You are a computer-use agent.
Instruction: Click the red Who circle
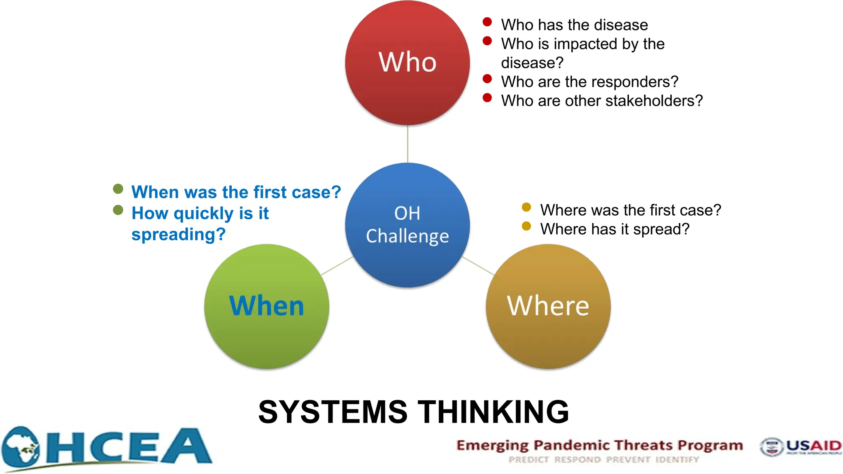pyautogui.click(x=407, y=63)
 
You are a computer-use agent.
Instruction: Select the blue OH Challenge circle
pyautogui.click(x=407, y=225)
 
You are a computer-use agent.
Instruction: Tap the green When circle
pyautogui.click(x=266, y=307)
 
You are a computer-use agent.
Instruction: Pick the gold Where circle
pyautogui.click(x=548, y=307)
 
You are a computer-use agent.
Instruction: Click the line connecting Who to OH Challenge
pyautogui.click(x=408, y=144)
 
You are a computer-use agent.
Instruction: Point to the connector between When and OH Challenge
pyautogui.click(x=337, y=266)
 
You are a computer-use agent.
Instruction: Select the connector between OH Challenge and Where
pyautogui.click(x=478, y=266)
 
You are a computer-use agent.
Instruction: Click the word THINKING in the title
pyautogui.click(x=494, y=412)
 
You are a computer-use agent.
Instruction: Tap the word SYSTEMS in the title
pyautogui.click(x=333, y=412)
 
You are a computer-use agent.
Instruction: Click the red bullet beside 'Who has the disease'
pyautogui.click(x=487, y=22)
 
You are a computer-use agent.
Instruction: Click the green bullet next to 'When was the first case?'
pyautogui.click(x=118, y=189)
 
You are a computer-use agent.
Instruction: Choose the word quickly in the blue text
pyautogui.click(x=203, y=214)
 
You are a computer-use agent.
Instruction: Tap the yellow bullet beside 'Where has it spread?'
pyautogui.click(x=526, y=226)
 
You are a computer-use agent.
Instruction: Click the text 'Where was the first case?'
pyautogui.click(x=630, y=210)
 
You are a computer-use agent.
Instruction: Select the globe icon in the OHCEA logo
pyautogui.click(x=21, y=447)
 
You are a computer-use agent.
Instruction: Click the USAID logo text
pyautogui.click(x=813, y=446)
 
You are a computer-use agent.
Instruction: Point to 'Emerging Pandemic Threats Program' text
pyautogui.click(x=599, y=445)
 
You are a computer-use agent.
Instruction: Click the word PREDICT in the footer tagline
pyautogui.click(x=529, y=460)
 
